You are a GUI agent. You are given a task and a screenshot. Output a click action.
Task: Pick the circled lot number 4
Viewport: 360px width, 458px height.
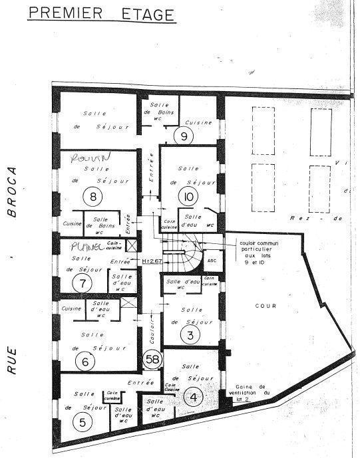194,398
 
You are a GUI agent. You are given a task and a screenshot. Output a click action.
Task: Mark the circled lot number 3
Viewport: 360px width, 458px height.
190,335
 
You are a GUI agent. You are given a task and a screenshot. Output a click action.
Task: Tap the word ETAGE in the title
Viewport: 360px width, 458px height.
144,13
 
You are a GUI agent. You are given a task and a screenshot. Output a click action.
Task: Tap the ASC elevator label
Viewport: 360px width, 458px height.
212,261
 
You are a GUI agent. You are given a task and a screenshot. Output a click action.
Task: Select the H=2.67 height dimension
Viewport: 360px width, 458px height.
153,261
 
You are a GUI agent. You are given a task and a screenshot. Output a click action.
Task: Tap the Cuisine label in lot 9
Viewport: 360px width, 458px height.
198,122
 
